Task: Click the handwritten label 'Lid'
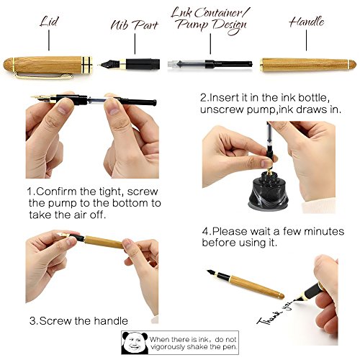pyautogui.click(x=49, y=22)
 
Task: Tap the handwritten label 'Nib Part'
pyautogui.click(x=135, y=25)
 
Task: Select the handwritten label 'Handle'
pyautogui.click(x=307, y=22)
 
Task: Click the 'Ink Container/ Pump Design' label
pyautogui.click(x=210, y=21)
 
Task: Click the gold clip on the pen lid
pyautogui.click(x=44, y=76)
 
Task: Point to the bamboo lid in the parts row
pyautogui.click(x=48, y=66)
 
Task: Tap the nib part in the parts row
pyautogui.click(x=130, y=64)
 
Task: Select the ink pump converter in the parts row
pyautogui.click(x=210, y=64)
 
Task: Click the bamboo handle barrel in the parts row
pyautogui.click(x=308, y=65)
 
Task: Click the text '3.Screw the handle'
pyautogui.click(x=78, y=320)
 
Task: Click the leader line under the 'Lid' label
pyautogui.click(x=49, y=40)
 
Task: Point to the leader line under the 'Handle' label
pyautogui.click(x=306, y=40)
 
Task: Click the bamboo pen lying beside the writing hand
pyautogui.click(x=246, y=284)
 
